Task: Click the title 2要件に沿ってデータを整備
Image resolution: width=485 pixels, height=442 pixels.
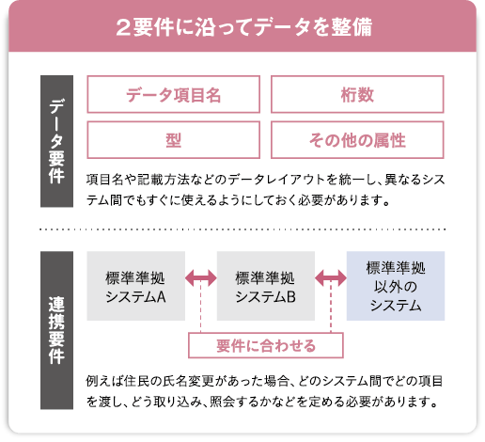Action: pos(244,27)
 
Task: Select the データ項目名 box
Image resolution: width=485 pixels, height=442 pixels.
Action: pos(174,94)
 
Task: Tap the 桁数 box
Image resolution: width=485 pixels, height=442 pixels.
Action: pos(357,94)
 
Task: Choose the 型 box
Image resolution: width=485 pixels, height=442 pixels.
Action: pos(174,140)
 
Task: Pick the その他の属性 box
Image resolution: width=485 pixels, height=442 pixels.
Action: pos(357,140)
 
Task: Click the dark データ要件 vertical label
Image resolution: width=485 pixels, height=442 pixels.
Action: pos(56,141)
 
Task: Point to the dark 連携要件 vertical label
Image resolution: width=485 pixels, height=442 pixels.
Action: pos(56,330)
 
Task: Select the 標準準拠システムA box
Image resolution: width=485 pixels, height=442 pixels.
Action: pos(136,286)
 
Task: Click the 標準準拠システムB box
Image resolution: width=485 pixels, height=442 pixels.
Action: pos(266,286)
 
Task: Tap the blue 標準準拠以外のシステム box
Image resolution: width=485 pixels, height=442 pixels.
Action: pos(396,286)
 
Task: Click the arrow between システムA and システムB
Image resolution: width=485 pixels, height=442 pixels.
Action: pos(201,278)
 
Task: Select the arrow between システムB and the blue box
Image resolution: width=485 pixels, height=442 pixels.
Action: pos(331,278)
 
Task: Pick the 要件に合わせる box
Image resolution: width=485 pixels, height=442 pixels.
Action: pos(266,345)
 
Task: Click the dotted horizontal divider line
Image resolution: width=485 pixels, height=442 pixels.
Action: pos(242,229)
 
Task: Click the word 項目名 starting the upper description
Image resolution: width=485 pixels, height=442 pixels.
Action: pos(104,180)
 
